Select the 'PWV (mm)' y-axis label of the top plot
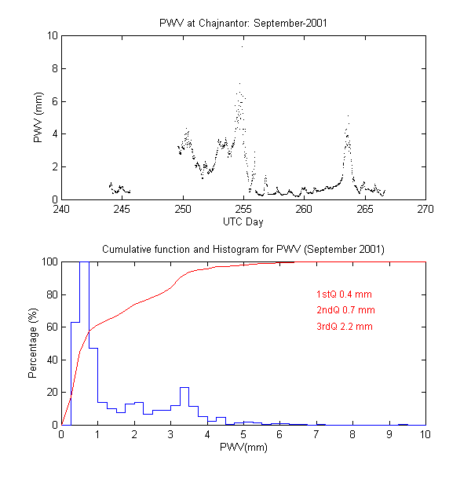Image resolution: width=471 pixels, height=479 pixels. tap(38, 118)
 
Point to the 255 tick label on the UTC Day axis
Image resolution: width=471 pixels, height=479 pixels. tap(243, 210)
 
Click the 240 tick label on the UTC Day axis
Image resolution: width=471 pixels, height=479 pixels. tap(61, 210)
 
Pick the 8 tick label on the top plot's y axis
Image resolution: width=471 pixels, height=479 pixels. tap(52, 68)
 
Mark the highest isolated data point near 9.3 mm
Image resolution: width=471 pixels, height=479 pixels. tap(242, 46)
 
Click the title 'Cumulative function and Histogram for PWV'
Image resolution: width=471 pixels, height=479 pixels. tap(243, 249)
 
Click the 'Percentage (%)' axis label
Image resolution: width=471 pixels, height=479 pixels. tap(34, 343)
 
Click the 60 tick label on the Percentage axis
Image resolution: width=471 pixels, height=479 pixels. tap(49, 327)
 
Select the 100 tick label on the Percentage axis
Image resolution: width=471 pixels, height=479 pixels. tap(47, 261)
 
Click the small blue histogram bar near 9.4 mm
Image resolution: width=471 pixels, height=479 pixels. tap(403, 424)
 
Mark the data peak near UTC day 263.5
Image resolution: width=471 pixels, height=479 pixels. tap(348, 118)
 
